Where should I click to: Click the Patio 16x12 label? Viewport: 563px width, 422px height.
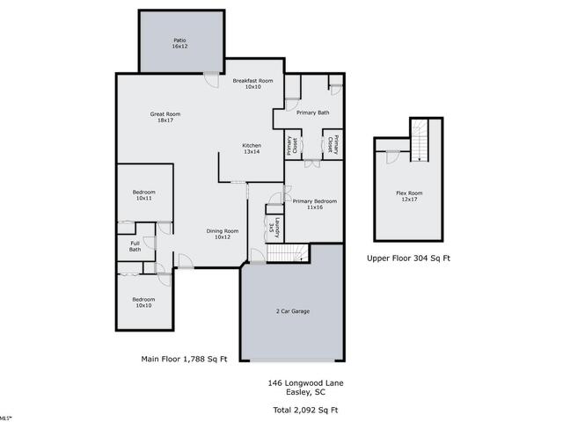click(179, 43)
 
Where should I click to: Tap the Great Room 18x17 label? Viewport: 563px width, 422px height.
click(165, 116)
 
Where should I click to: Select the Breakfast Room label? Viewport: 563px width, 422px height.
click(252, 84)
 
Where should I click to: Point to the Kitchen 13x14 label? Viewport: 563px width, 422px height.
click(252, 149)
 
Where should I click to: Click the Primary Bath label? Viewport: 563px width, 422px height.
click(312, 113)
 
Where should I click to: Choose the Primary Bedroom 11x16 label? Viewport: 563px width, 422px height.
click(314, 204)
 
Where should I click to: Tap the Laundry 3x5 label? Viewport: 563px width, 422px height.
click(274, 225)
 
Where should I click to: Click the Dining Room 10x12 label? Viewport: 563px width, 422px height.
click(223, 234)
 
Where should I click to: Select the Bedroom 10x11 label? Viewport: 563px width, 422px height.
click(144, 195)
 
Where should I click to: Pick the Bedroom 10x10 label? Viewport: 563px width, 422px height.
click(143, 302)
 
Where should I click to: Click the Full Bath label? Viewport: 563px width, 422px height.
click(135, 246)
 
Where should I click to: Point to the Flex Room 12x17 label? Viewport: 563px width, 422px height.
click(408, 195)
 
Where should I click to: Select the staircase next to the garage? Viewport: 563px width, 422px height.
click(287, 253)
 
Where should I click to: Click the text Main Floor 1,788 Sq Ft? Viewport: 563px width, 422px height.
click(184, 359)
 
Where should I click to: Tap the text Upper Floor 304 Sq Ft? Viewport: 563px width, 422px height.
click(408, 258)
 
